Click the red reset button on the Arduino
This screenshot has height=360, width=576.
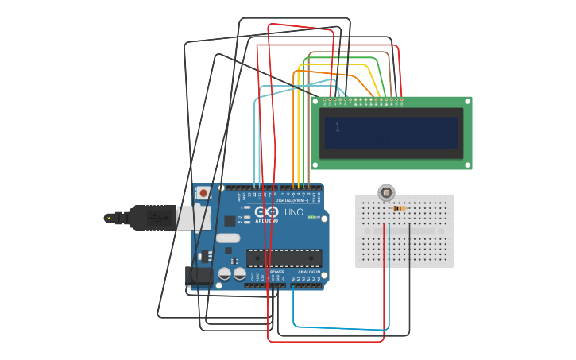coord(204,192)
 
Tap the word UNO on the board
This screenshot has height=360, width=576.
coord(294,212)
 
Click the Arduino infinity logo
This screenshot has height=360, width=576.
coord(270,212)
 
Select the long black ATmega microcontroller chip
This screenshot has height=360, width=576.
coord(284,257)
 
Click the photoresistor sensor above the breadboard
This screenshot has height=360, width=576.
coord(386,192)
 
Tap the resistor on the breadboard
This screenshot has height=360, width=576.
coord(399,208)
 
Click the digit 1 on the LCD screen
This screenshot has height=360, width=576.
coord(338,127)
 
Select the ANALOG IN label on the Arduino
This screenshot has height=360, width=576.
coord(309,272)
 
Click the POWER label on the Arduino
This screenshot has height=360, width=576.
coord(277,272)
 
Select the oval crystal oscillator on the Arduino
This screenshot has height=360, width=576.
coord(226,238)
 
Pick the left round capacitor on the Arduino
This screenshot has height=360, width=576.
coord(225,273)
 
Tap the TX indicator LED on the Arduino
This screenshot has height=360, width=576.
coord(247,216)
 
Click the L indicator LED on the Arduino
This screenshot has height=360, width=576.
coord(247,207)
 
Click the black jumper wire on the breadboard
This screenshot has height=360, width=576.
coord(409,238)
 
